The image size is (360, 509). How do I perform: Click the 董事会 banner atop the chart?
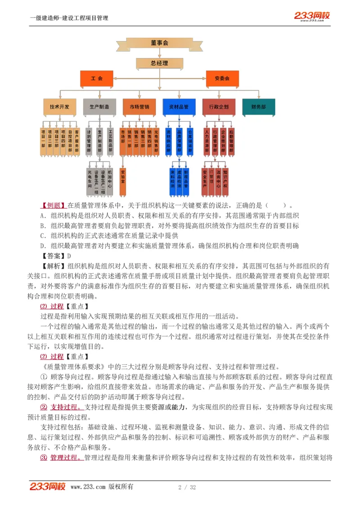[159, 43]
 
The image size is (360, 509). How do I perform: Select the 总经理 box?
[159, 63]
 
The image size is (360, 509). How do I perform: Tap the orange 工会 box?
[97, 78]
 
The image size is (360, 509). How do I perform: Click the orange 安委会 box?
[222, 78]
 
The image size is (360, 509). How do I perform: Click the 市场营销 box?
[139, 107]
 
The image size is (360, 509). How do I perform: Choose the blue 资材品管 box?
[179, 107]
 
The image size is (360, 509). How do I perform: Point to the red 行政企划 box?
[219, 107]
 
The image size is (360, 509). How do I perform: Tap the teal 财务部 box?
[258, 107]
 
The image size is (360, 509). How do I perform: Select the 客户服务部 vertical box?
[77, 142]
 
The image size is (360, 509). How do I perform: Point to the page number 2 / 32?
[187, 488]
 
